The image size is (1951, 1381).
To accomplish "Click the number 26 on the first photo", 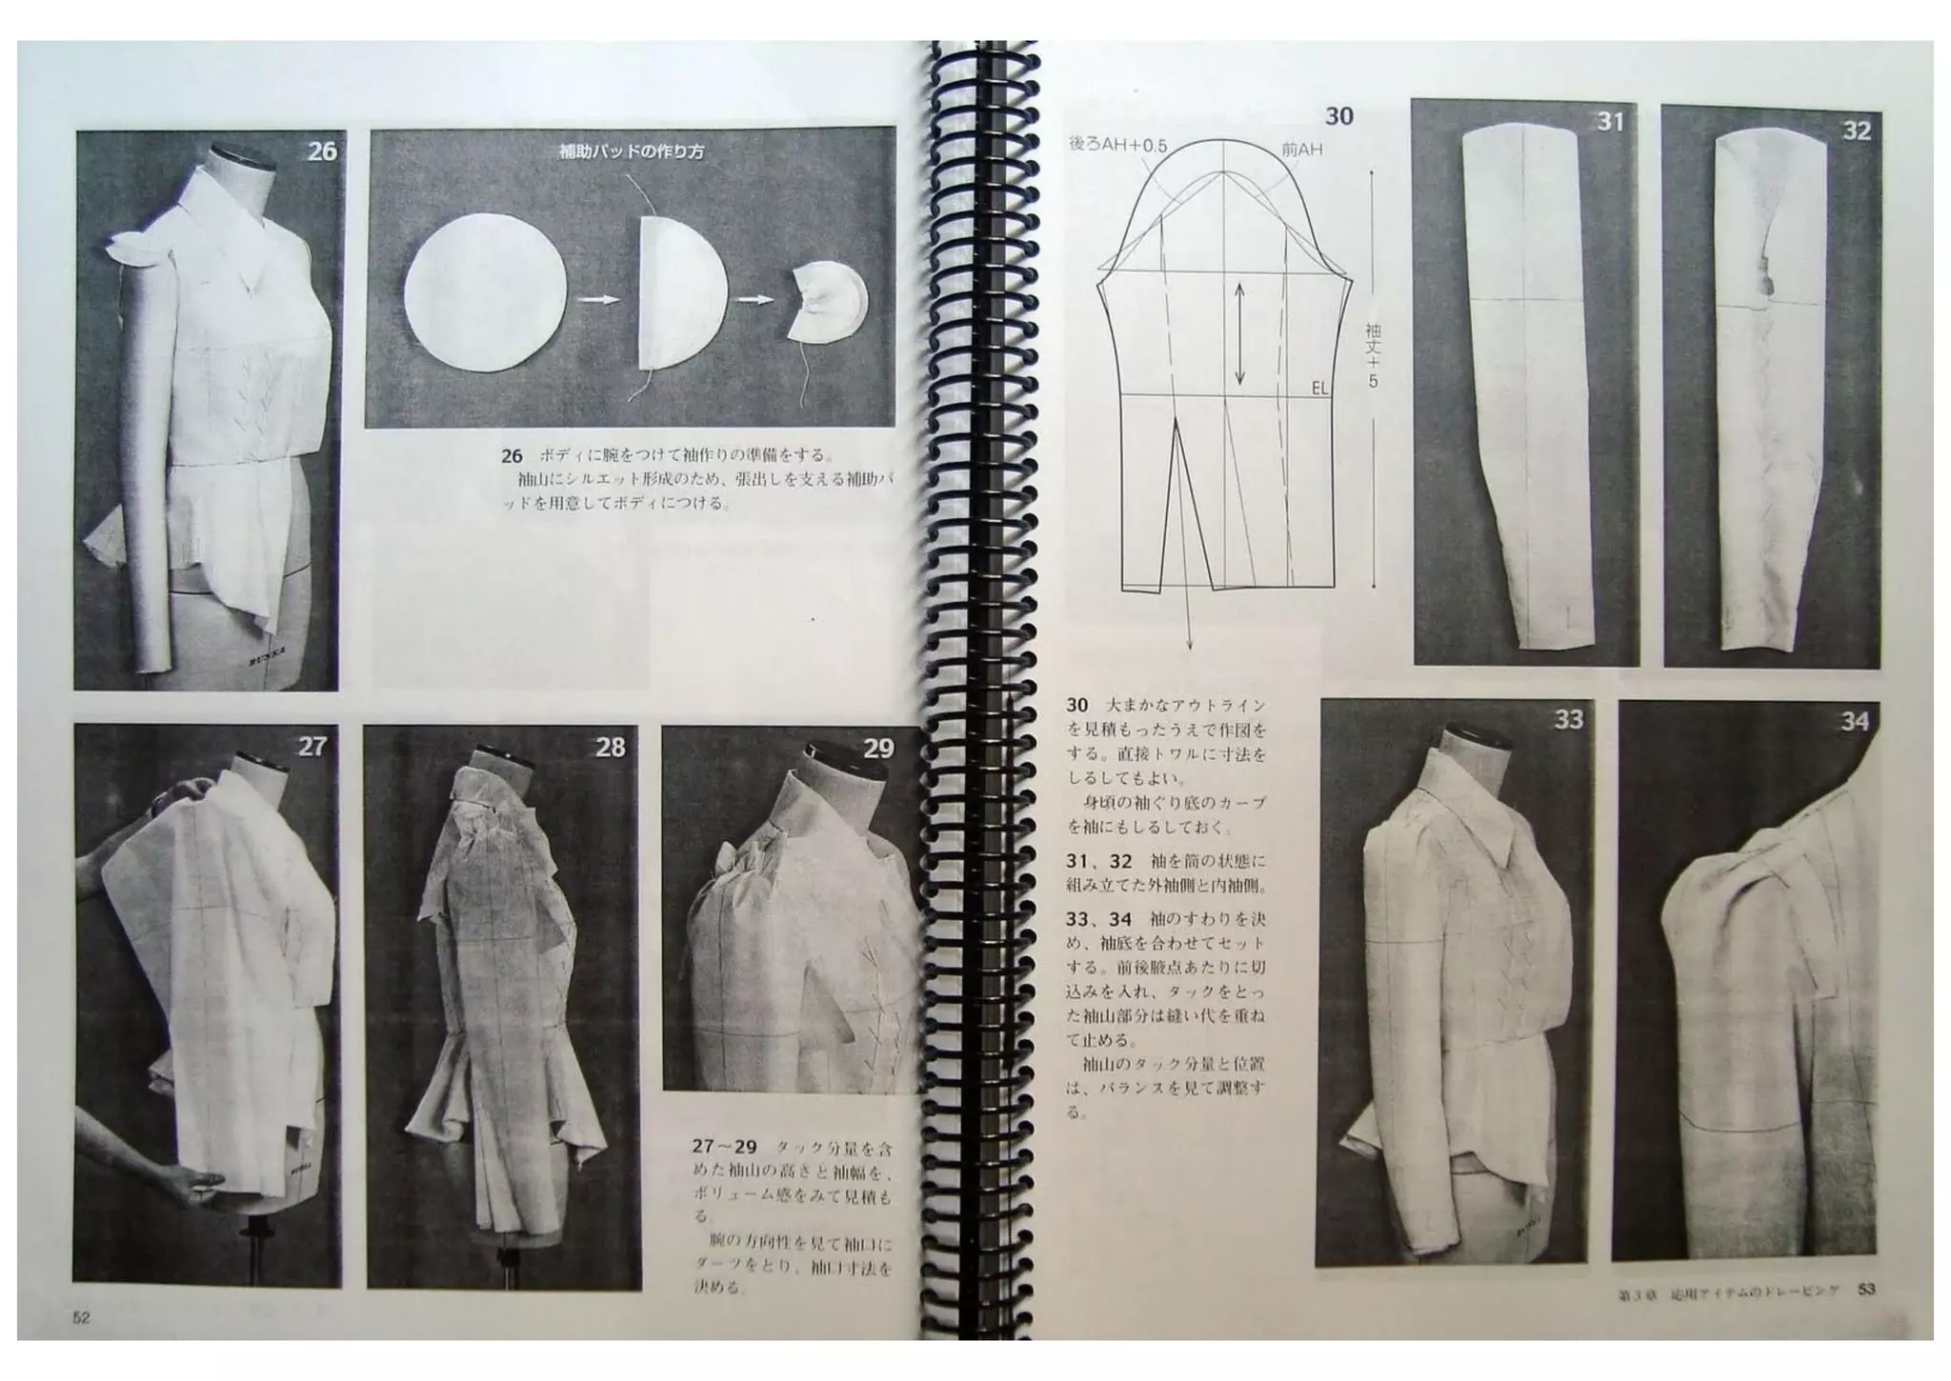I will click(x=322, y=151).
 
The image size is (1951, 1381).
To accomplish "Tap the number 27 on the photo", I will click(x=312, y=746).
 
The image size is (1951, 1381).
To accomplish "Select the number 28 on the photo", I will click(x=610, y=748).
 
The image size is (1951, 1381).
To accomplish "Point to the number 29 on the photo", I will click(x=877, y=749).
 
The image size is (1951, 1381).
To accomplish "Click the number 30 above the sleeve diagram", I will click(x=1338, y=116).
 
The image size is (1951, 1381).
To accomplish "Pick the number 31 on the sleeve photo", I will click(x=1609, y=122).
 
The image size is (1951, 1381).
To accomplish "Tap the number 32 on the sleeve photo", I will click(x=1857, y=130).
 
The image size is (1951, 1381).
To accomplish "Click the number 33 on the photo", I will click(x=1568, y=719).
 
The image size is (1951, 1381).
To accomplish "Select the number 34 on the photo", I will click(x=1854, y=722).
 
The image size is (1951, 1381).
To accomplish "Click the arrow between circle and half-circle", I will click(x=595, y=298).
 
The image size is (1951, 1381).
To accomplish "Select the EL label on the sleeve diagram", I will click(x=1319, y=389).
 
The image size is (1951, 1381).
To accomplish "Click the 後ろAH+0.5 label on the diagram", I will click(x=1117, y=145).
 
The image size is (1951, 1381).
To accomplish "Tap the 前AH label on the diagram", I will click(x=1301, y=150).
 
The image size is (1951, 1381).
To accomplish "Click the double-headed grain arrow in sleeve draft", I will click(x=1239, y=333).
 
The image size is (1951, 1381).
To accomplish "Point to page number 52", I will click(x=81, y=1318).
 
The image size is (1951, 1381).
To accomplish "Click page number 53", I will click(x=1866, y=1290).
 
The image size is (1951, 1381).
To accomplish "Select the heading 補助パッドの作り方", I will click(x=631, y=151).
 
